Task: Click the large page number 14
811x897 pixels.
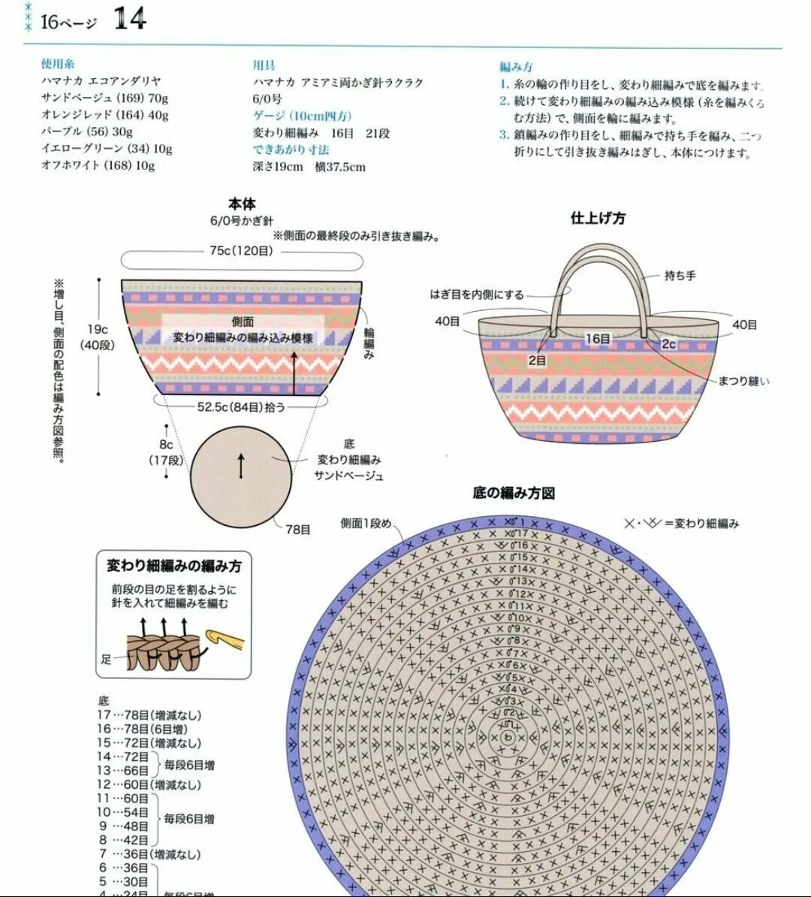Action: point(130,19)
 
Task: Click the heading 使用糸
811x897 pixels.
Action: point(58,65)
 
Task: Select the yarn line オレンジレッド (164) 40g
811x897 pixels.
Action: point(104,115)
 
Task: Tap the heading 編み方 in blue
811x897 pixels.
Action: point(517,67)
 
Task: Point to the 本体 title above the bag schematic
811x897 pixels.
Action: point(242,204)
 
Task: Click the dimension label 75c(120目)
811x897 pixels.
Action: point(242,251)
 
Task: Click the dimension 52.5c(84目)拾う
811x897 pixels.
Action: point(241,406)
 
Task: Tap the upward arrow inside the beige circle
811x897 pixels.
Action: point(241,466)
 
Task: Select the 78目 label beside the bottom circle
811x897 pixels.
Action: point(298,530)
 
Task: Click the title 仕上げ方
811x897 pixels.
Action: point(598,219)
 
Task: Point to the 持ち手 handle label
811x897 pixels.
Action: point(680,276)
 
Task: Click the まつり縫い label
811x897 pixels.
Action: point(743,381)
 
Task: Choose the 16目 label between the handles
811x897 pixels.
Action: point(598,339)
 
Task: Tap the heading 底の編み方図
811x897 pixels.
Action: point(514,494)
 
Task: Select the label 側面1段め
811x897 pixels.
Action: point(366,524)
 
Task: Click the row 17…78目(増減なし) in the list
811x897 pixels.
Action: point(149,715)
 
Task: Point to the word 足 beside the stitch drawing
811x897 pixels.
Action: point(106,660)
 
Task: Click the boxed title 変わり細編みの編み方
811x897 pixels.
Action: point(174,566)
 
